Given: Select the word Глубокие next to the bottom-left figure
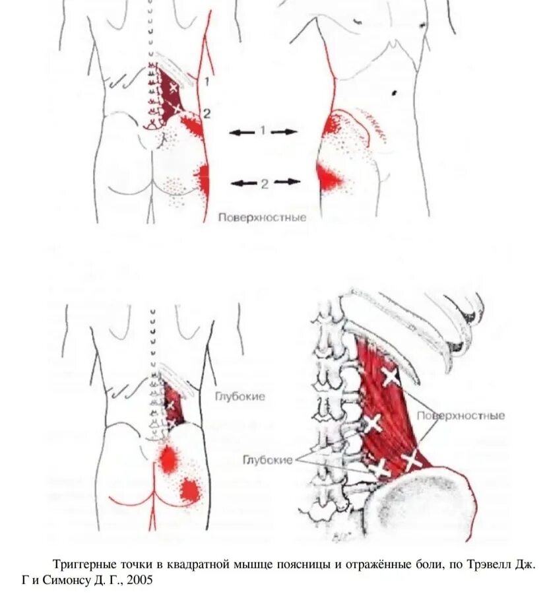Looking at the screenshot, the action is tap(240, 397).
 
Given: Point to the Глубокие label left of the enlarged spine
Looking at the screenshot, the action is tap(267, 460).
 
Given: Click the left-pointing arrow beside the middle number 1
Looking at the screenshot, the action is tap(241, 132).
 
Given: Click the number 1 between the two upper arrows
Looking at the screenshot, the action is tap(262, 131).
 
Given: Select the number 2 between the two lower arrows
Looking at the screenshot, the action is tap(264, 183).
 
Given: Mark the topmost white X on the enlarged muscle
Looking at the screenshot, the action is tap(390, 377).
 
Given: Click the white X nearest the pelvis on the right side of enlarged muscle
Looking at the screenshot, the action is tap(412, 459).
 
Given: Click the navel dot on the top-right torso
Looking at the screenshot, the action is tap(395, 90).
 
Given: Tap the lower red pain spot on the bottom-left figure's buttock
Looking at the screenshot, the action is tap(190, 489).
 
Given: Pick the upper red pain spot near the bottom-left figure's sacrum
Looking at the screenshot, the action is tap(169, 458).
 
